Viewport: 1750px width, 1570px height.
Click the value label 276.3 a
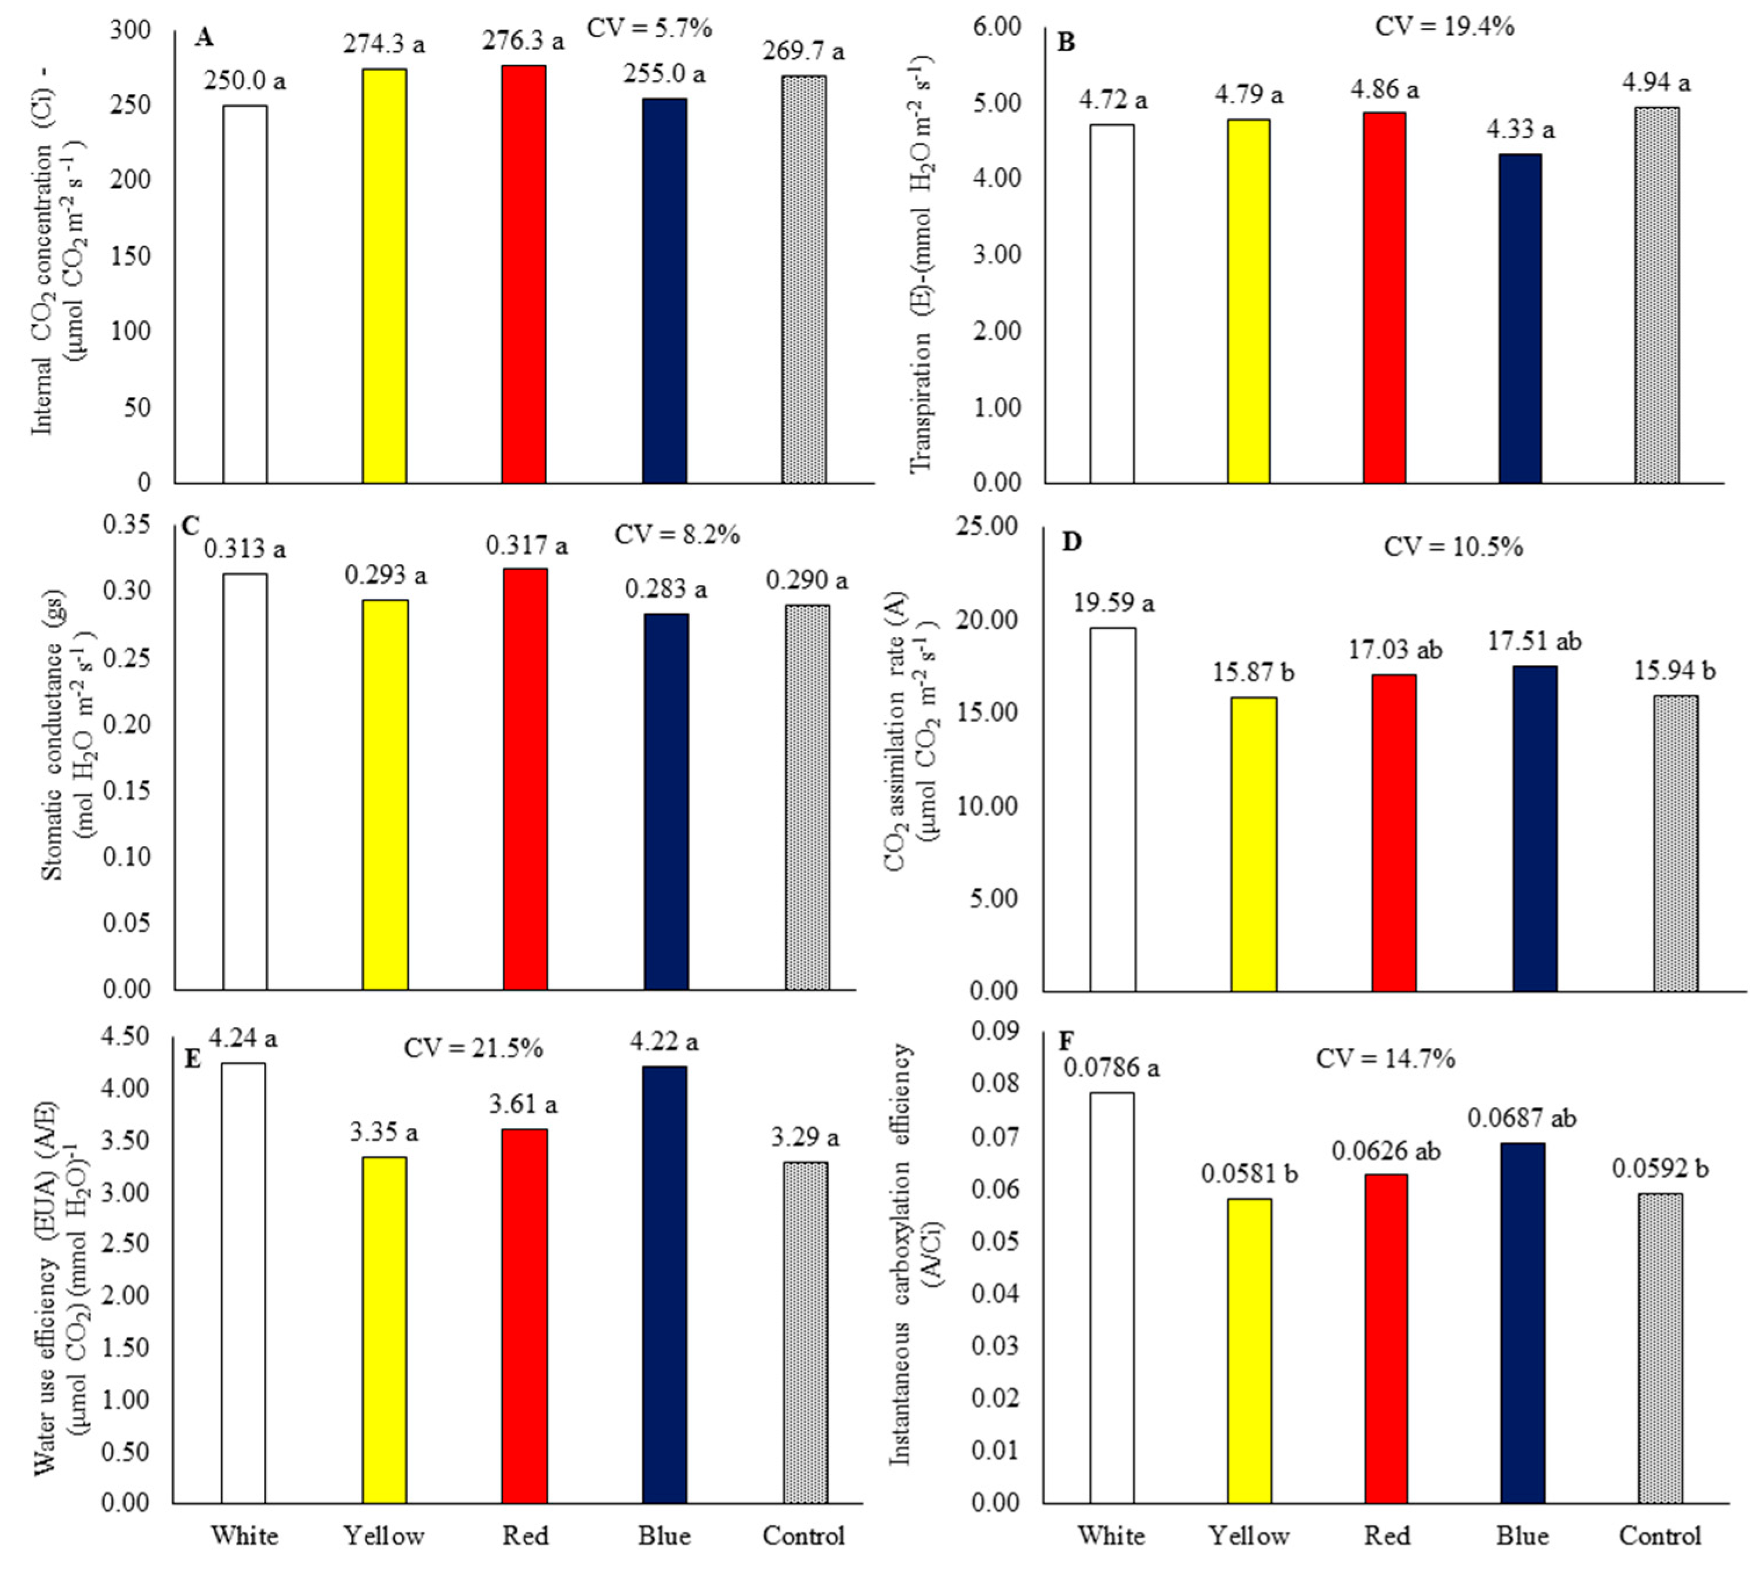click(524, 41)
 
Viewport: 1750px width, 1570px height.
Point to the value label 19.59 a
click(1113, 602)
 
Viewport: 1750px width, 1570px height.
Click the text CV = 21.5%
click(473, 1047)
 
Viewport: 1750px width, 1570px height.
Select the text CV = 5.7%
click(648, 28)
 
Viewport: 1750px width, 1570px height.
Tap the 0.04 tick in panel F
click(994, 1294)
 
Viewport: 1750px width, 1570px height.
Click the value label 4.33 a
click(1519, 131)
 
